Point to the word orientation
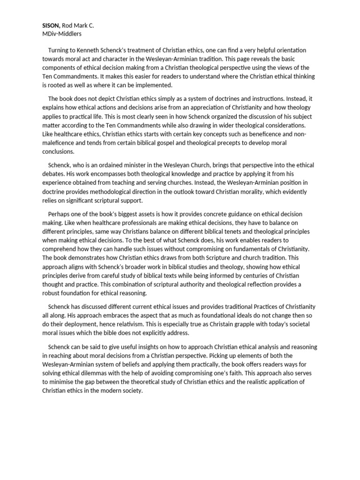tap(289, 50)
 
